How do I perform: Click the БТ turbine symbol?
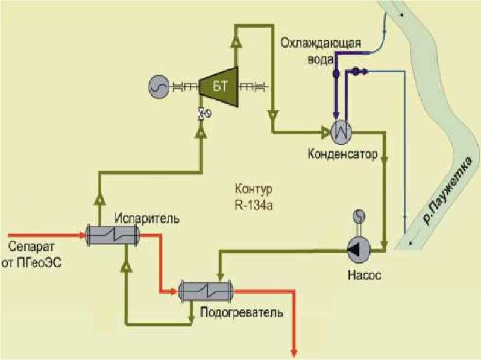(x=218, y=86)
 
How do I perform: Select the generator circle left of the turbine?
(x=159, y=87)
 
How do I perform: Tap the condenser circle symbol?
(x=340, y=130)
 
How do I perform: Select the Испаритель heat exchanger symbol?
(x=112, y=235)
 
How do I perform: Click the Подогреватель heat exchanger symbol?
(x=206, y=290)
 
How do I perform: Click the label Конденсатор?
(x=342, y=154)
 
